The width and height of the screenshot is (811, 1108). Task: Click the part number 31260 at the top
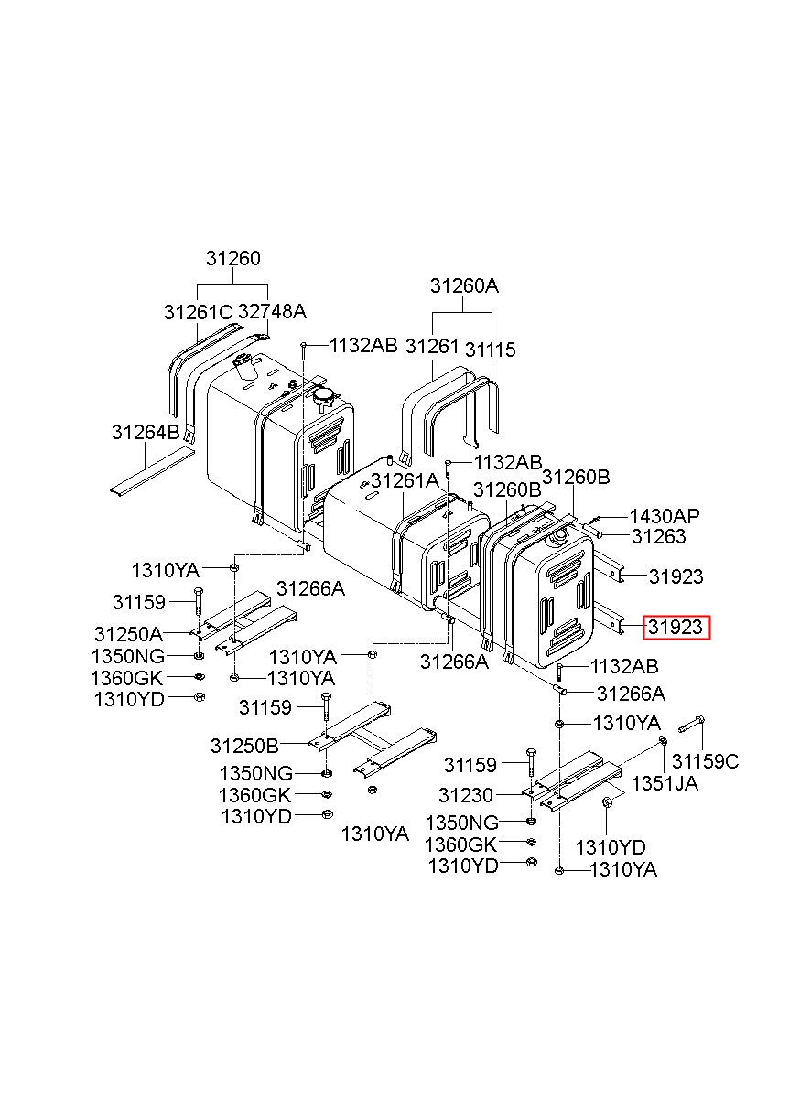tap(232, 258)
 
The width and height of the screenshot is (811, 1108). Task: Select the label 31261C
tap(199, 311)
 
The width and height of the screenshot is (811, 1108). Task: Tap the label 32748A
tap(272, 311)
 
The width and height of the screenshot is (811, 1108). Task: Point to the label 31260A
tap(464, 286)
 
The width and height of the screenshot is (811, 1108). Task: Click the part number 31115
tap(490, 350)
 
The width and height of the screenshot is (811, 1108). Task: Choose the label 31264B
tap(146, 432)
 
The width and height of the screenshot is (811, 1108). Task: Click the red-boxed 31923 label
tap(676, 628)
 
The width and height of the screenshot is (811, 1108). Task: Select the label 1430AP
tap(663, 517)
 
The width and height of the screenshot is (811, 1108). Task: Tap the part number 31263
tap(658, 537)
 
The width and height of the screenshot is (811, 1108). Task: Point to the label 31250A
tap(127, 633)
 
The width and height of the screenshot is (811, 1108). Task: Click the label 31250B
tap(244, 745)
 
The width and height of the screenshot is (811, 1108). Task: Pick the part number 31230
tap(465, 796)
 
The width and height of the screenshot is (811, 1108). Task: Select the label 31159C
tap(705, 761)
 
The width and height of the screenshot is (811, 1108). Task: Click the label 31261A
tap(405, 480)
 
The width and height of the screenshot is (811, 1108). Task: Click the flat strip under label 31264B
tap(151, 470)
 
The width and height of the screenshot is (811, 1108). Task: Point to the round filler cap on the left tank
tap(325, 396)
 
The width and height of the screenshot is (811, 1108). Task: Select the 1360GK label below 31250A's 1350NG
tap(128, 678)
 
